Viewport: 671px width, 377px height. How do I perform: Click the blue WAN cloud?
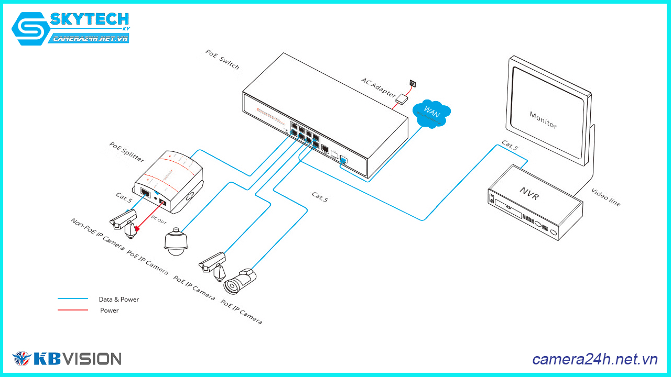coord(431,113)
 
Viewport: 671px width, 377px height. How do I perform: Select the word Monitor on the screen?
coord(543,120)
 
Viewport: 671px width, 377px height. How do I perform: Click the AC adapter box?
coord(402,98)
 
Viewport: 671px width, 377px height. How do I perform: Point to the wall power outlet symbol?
coord(413,83)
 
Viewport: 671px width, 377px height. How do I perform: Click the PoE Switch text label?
coord(222,60)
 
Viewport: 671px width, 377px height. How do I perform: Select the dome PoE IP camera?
coord(176,242)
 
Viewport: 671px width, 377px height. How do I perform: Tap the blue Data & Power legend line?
coord(73,299)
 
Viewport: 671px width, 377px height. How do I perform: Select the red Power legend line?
coord(73,310)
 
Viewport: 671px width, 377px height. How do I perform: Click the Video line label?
coord(605,197)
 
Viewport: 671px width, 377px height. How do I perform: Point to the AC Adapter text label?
coord(378,87)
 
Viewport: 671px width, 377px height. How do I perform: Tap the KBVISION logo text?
coord(77,359)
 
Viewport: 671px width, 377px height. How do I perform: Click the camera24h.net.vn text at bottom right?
coord(594,359)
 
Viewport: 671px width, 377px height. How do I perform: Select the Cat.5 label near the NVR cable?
coord(510,145)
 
